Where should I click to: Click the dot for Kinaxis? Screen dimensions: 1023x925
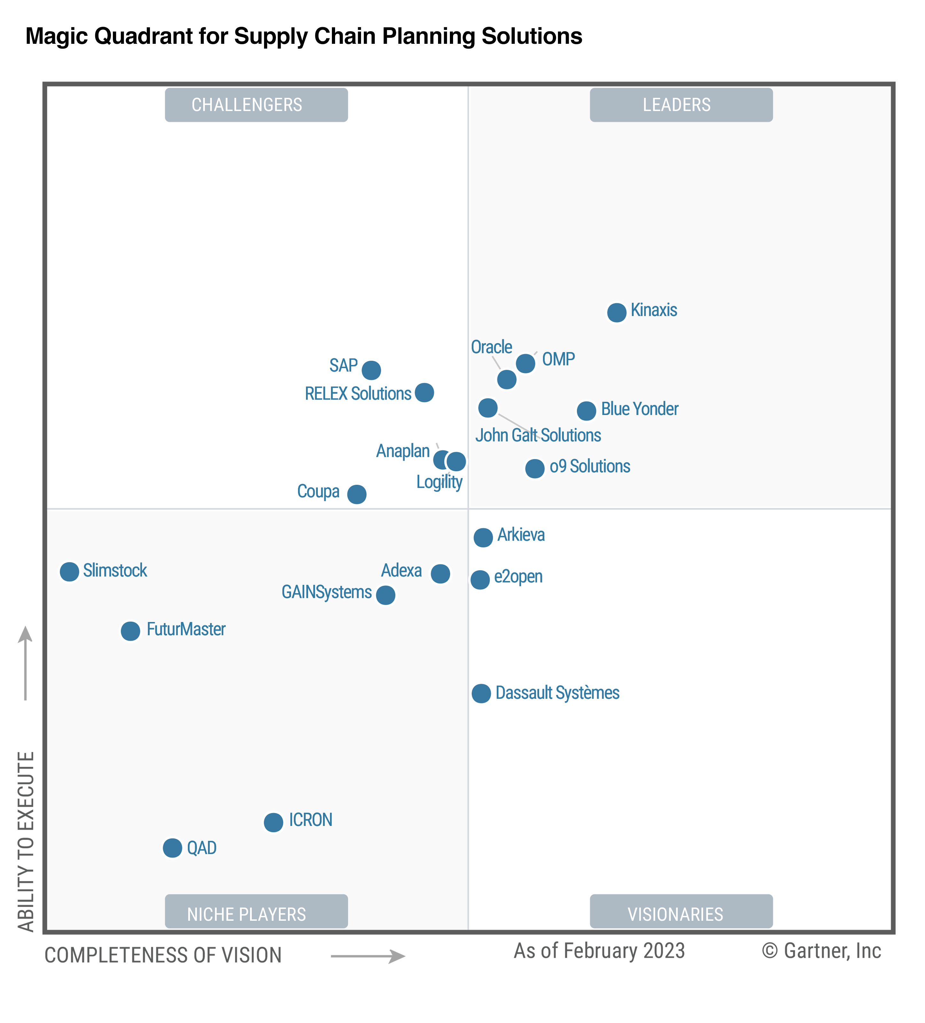616,313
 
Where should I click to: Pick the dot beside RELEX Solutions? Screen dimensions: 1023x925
424,392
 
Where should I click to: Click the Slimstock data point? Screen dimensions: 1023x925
69,571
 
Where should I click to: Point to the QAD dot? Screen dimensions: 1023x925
173,847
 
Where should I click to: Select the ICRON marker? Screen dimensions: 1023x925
273,822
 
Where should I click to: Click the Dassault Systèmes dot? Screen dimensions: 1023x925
481,693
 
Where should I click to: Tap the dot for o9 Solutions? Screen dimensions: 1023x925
535,468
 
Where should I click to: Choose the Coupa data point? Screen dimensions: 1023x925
357,494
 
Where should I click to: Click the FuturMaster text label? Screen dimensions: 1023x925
186,629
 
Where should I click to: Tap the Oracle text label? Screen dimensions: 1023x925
491,347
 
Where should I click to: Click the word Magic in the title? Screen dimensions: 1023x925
57,36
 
